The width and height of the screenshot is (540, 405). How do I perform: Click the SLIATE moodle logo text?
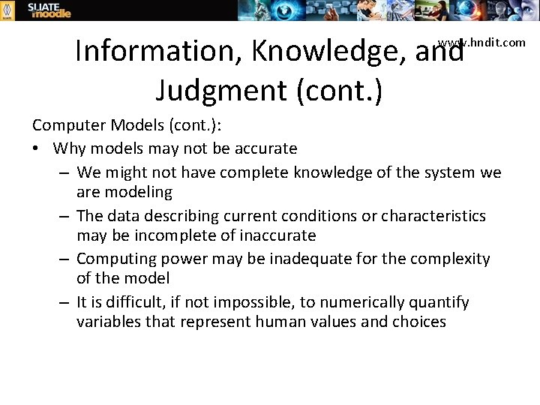coord(49,10)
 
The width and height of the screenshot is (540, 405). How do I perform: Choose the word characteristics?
coord(433,216)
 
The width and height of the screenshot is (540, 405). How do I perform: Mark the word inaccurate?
coord(278,235)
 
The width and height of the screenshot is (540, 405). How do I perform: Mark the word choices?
coord(418,322)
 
